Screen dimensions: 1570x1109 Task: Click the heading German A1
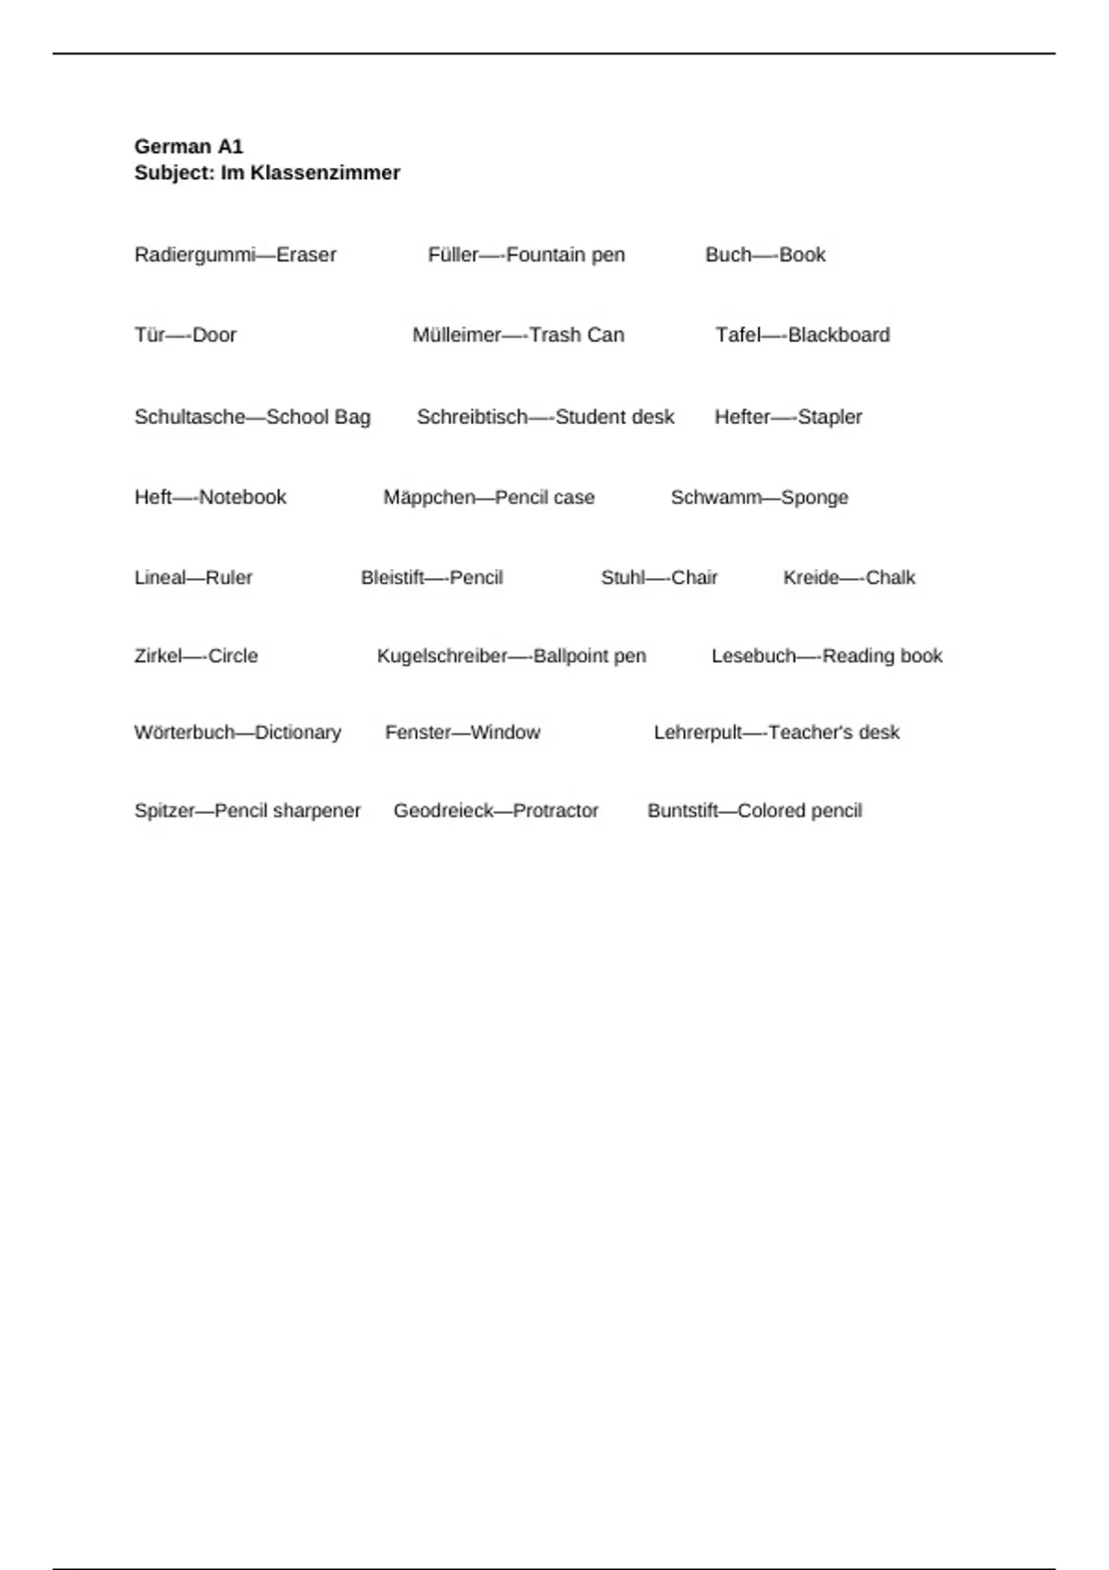pos(189,146)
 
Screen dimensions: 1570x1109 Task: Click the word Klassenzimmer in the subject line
pos(324,173)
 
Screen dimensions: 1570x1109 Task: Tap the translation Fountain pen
pos(566,255)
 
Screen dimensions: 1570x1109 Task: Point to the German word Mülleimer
pos(457,335)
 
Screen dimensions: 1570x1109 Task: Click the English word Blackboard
pos(839,335)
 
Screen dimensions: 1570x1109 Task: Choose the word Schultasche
pos(189,417)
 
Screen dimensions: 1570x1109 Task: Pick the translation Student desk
pos(615,417)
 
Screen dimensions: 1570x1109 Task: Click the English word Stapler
pos(830,417)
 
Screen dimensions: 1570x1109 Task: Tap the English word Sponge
pos(814,497)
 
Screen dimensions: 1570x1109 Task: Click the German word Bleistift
pos(392,577)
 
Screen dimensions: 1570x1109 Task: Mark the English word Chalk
pos(890,577)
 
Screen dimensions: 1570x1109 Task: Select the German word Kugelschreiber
pos(442,656)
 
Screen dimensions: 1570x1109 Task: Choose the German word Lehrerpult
pos(698,732)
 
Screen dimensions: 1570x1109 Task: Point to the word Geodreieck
pos(444,811)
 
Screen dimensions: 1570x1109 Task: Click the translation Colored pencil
pos(799,811)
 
